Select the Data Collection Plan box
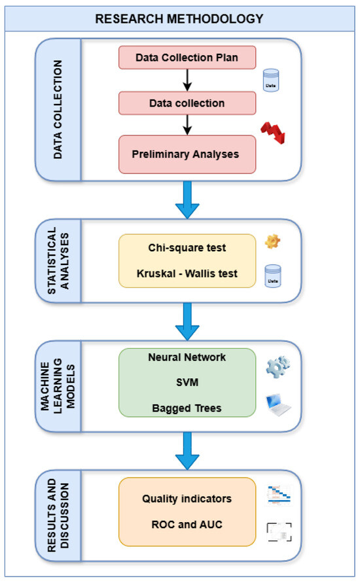tap(187, 57)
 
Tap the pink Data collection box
tap(187, 103)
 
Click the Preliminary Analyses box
tap(187, 154)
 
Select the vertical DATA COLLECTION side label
tap(58, 109)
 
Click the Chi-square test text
tap(187, 249)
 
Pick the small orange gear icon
tap(272, 242)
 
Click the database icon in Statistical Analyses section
tap(270, 275)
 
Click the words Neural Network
tap(187, 358)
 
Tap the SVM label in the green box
tap(187, 383)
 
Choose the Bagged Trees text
tap(187, 408)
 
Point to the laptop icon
tap(276, 406)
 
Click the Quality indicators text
tap(187, 499)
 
